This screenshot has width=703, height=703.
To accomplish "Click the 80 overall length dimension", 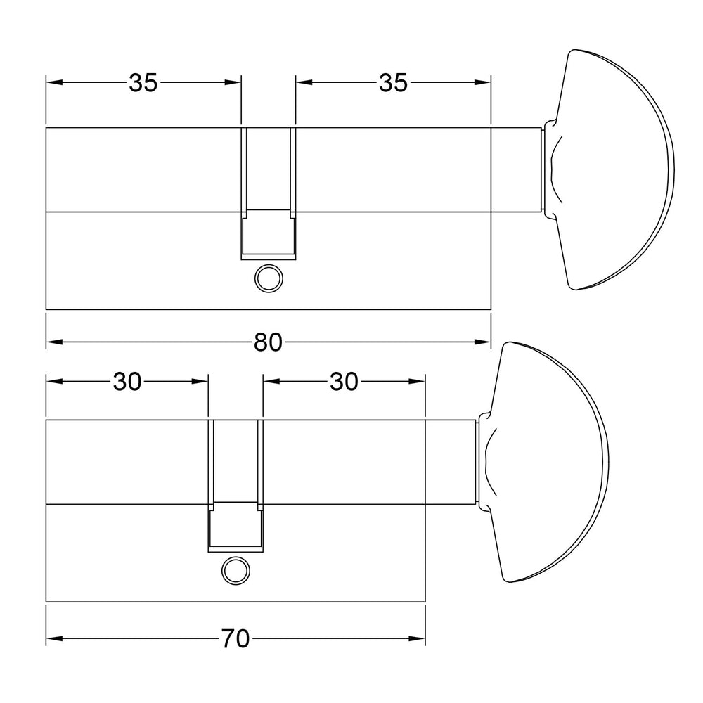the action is [268, 342].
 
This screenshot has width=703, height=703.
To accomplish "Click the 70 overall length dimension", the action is [236, 638].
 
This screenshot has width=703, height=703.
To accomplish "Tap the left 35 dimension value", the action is [143, 82].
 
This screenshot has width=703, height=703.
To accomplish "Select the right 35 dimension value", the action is [393, 82].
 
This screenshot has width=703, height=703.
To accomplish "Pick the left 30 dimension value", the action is [127, 382].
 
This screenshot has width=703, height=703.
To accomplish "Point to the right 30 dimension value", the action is [344, 382].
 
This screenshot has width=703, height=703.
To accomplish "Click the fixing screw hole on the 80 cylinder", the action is [269, 278].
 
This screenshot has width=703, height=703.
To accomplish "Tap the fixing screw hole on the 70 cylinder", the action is [236, 571].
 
